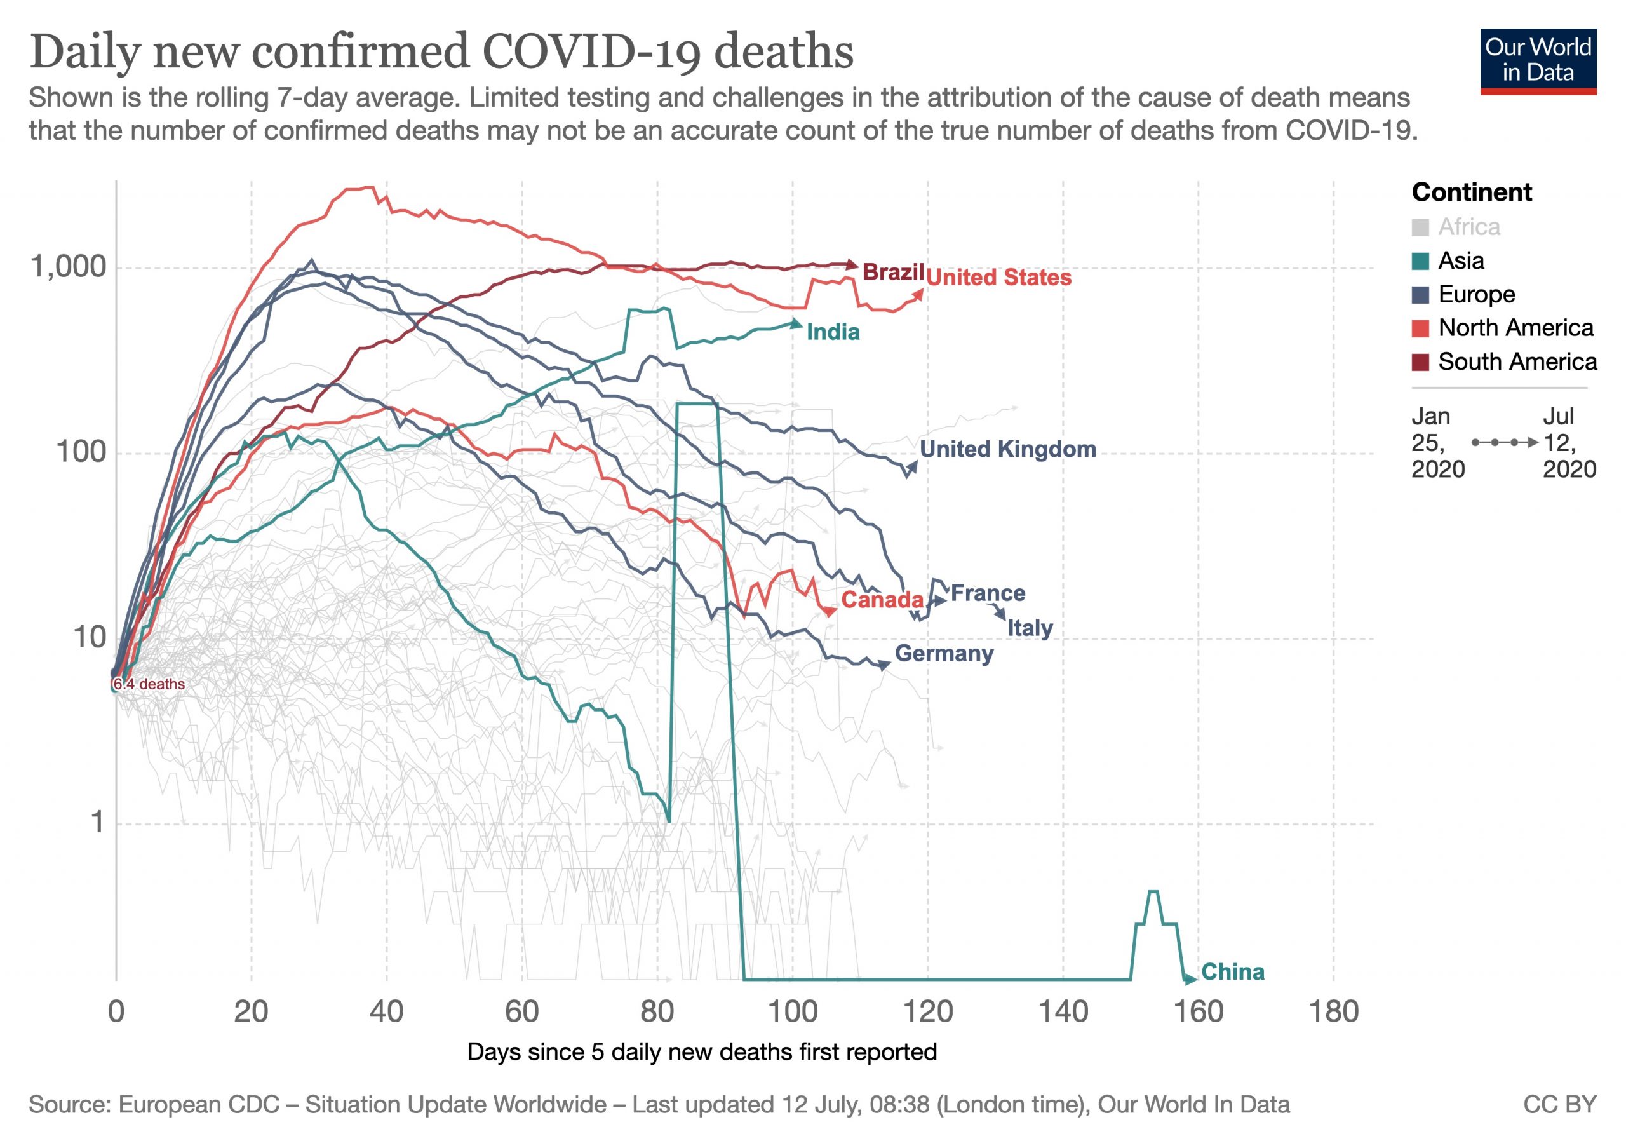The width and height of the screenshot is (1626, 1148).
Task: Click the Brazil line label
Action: click(893, 272)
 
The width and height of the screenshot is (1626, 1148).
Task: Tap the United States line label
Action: click(998, 277)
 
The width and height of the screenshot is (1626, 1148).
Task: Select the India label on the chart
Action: click(833, 332)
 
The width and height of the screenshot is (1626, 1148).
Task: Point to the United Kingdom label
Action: click(1007, 449)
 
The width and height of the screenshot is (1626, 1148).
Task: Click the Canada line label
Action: click(882, 600)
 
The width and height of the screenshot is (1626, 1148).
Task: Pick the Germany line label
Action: click(944, 653)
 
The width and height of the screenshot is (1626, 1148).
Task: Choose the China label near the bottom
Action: click(1232, 971)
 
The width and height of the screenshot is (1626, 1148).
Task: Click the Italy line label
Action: click(1030, 628)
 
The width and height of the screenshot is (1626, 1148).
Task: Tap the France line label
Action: click(987, 593)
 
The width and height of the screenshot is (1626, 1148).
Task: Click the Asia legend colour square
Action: click(1420, 261)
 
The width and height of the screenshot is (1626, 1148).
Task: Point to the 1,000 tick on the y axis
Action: click(68, 267)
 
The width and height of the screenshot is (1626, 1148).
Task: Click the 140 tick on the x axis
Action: click(1063, 1011)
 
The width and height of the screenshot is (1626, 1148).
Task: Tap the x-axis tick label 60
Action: click(522, 1011)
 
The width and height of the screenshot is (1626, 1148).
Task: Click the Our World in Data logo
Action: click(1538, 62)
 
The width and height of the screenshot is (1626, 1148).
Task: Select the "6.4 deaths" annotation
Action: click(149, 684)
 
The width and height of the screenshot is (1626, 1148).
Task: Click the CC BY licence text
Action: click(1559, 1105)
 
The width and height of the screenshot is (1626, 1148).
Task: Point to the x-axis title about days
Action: click(702, 1051)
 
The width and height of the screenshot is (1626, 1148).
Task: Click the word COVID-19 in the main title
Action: click(591, 52)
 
